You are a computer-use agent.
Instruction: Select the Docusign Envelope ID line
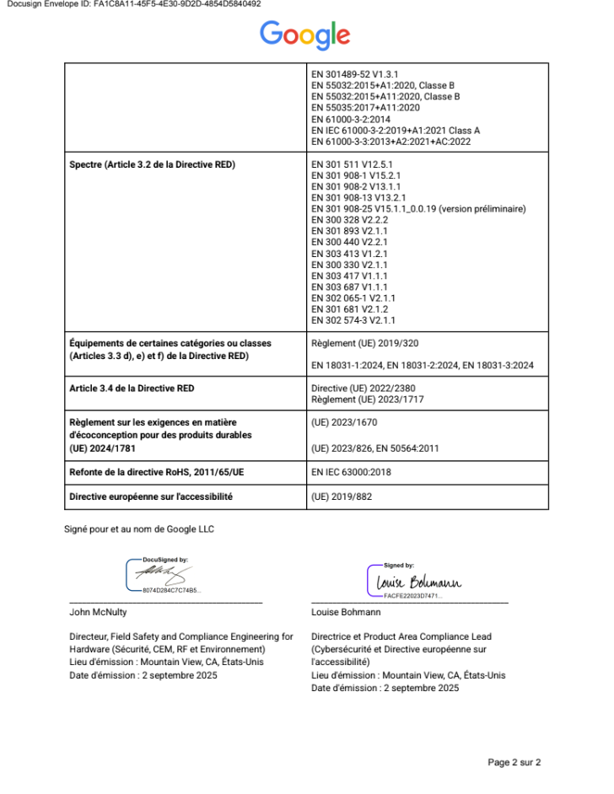coord(133,4)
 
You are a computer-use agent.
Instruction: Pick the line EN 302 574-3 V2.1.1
coord(353,320)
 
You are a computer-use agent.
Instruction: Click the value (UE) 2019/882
coord(342,496)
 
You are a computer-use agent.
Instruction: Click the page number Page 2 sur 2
coord(514,762)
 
